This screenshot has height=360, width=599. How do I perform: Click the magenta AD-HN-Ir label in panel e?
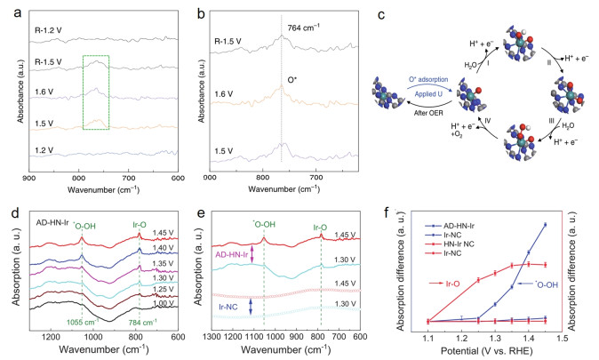click(227, 256)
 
